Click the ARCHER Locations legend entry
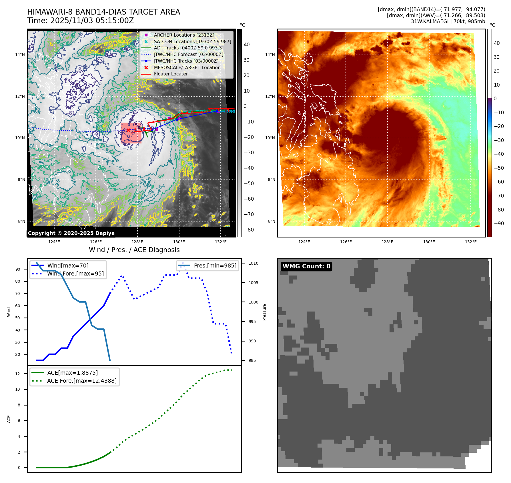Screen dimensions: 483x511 pyautogui.click(x=184, y=35)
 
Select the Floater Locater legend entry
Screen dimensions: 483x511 pyautogui.click(x=171, y=74)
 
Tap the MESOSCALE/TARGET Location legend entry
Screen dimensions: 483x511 pyautogui.click(x=187, y=67)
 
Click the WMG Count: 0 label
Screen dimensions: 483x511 pyautogui.click(x=306, y=266)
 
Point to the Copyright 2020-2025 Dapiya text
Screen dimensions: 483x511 pyautogui.click(x=71, y=233)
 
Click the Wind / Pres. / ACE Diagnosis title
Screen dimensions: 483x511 pyautogui.click(x=134, y=250)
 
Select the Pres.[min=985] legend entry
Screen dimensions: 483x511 pyautogui.click(x=215, y=266)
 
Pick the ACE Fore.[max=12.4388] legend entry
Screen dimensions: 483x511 pyautogui.click(x=82, y=381)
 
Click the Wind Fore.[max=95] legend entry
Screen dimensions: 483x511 pyautogui.click(x=75, y=274)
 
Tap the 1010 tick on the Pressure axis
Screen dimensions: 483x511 pyautogui.click(x=253, y=263)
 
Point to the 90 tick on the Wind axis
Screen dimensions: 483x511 pyautogui.click(x=18, y=269)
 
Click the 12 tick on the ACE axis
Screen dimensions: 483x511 pyautogui.click(x=18, y=374)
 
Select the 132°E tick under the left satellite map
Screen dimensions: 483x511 pyautogui.click(x=221, y=242)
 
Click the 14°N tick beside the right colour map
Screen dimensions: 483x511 pyautogui.click(x=270, y=55)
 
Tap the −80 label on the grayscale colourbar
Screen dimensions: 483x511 pyautogui.click(x=249, y=230)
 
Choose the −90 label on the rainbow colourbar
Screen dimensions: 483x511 pyautogui.click(x=499, y=223)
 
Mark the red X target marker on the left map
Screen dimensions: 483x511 pyautogui.click(x=128, y=130)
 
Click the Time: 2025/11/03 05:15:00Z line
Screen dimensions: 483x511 pyautogui.click(x=80, y=21)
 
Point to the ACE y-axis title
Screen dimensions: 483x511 pyautogui.click(x=9, y=419)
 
